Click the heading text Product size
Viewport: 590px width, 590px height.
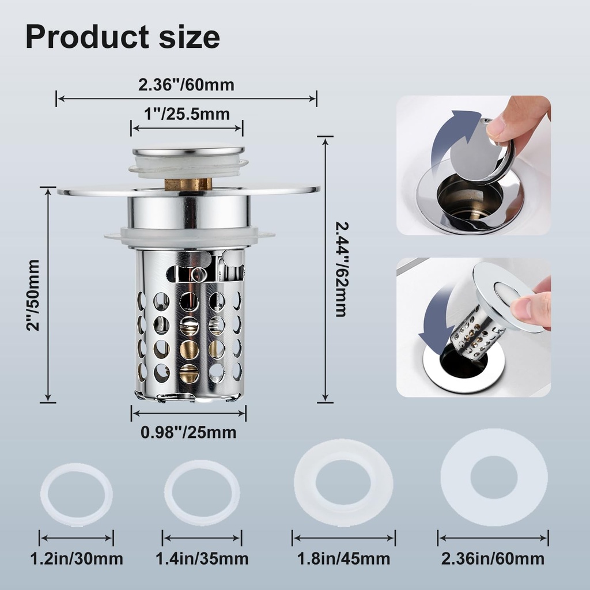123,37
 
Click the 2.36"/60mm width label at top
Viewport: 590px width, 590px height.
186,85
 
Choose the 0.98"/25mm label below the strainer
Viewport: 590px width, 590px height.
188,432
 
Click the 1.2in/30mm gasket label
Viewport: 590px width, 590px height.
77,558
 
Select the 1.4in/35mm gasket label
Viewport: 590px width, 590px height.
202,558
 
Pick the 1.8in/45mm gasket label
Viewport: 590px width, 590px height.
343,558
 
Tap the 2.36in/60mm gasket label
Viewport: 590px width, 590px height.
493,558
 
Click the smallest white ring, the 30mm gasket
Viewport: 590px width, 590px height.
76,494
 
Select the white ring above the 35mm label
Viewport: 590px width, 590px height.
202,493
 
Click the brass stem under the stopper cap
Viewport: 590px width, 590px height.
188,184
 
